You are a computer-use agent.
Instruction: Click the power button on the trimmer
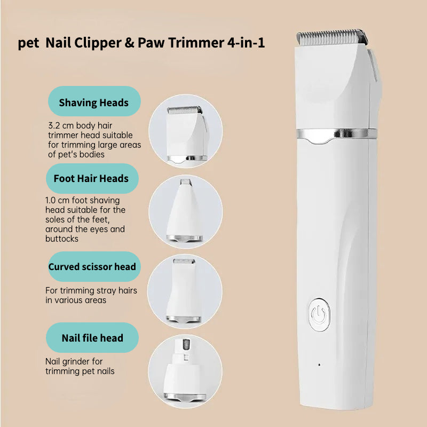point(319,314)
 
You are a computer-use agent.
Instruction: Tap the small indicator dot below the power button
point(319,365)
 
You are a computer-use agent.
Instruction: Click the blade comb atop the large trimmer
point(332,37)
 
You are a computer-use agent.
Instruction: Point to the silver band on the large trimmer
point(337,134)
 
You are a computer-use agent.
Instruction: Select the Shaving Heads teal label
point(94,101)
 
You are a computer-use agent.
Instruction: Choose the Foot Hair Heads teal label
point(92,178)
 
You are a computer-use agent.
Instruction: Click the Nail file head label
point(92,338)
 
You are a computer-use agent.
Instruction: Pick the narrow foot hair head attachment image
point(185,211)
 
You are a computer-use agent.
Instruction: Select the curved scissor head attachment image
point(184,291)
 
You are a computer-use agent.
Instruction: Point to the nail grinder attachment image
point(185,371)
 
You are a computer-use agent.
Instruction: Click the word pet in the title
point(28,44)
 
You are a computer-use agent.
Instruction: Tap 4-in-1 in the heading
point(246,43)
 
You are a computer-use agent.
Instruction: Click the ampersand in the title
point(129,43)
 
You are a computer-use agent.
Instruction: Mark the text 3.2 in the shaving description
point(54,125)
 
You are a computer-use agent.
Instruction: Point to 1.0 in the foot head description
point(50,200)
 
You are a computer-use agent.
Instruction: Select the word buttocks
point(62,239)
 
